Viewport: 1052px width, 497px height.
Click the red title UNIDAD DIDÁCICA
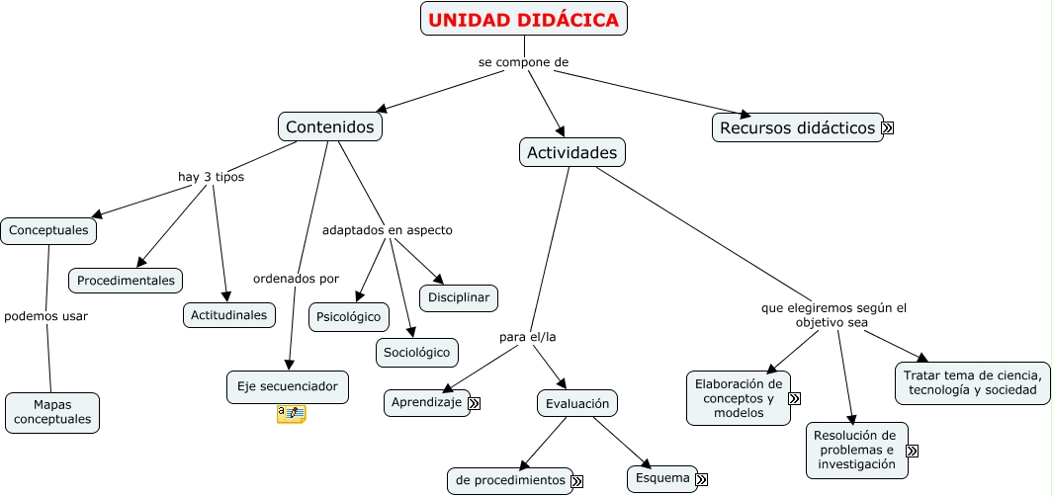pos(523,20)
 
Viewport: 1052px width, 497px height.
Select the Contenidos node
pos(330,126)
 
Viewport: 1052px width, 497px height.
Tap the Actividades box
pos(572,152)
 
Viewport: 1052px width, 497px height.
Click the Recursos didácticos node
pos(798,127)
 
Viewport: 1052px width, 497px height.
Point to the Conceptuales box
pos(48,231)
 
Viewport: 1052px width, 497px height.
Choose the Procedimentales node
pos(126,281)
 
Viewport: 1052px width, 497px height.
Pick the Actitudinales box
pos(228,315)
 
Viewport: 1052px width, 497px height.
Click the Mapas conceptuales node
pos(52,412)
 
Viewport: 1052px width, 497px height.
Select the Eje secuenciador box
pos(287,387)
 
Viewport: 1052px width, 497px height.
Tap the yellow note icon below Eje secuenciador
pos(291,414)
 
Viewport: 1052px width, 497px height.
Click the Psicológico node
pos(349,317)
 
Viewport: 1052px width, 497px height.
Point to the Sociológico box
pos(416,353)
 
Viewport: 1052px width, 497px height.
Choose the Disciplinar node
pos(459,297)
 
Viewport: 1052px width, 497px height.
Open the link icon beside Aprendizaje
pos(475,403)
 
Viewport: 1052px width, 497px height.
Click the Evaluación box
pos(577,403)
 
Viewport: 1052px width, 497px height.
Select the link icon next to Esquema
pos(702,479)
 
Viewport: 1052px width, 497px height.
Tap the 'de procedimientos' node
pos(510,481)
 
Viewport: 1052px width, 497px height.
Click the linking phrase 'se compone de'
pos(523,62)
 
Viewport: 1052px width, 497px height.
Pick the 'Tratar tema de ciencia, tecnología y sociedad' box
pos(972,383)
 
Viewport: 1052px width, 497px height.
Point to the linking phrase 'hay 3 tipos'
pos(211,177)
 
